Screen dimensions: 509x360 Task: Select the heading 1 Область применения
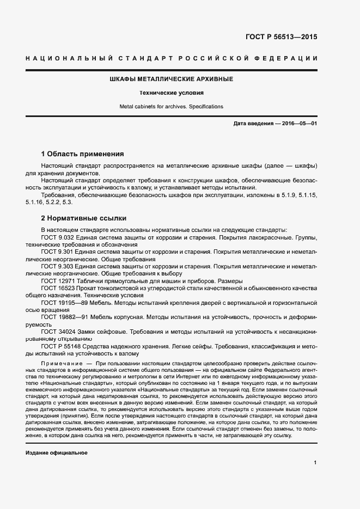pos(83,154)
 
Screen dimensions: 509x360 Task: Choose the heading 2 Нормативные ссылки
pos(84,218)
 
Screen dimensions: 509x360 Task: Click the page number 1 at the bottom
pos(315,463)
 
